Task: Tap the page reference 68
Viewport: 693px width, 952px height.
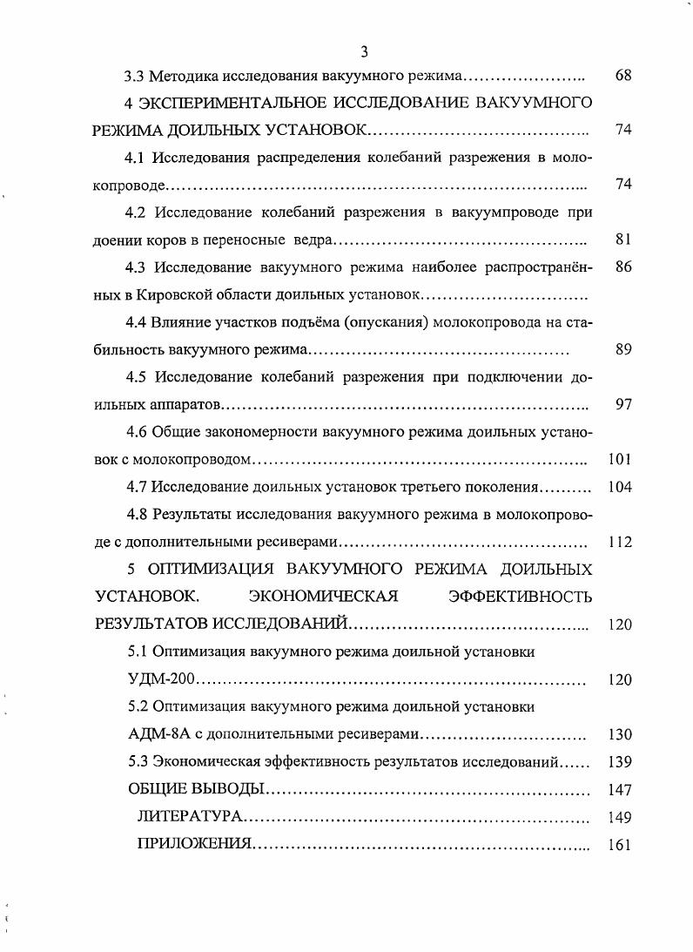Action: tap(622, 76)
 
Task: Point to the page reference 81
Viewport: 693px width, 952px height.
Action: tap(622, 240)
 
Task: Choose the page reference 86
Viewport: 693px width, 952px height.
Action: tap(622, 267)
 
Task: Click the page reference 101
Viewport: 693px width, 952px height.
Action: tap(620, 459)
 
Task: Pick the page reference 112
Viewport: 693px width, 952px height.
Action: tap(620, 542)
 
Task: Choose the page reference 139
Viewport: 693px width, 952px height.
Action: tap(620, 761)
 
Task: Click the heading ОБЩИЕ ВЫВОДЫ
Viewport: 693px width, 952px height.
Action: tap(195, 789)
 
